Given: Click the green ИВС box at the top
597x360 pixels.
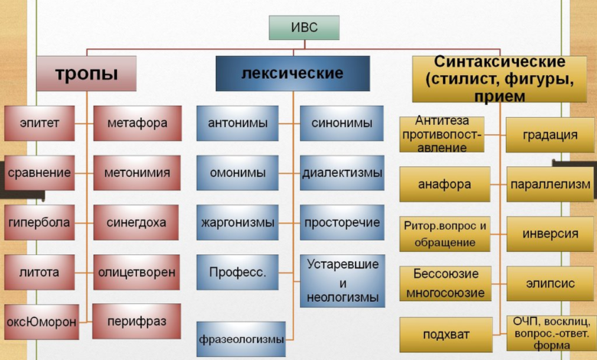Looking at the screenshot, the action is (x=304, y=28).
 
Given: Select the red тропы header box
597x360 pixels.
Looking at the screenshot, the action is (x=86, y=74).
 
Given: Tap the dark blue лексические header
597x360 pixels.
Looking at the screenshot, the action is (x=293, y=74).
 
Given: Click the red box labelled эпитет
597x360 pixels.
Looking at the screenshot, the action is (x=40, y=123).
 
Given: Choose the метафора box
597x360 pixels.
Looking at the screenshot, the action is (x=138, y=123).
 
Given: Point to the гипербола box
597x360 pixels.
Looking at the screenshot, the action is (x=40, y=222).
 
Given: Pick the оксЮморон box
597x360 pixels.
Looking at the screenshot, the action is (x=41, y=322).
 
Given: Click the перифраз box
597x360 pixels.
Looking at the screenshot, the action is (x=137, y=322).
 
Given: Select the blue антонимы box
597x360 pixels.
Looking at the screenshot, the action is (x=237, y=123).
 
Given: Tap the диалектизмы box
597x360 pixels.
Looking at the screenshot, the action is (x=342, y=173).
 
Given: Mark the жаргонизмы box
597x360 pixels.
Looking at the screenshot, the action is (x=237, y=222).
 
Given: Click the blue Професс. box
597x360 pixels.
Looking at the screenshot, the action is (x=237, y=273).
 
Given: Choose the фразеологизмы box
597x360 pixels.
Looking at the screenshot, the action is (x=241, y=339).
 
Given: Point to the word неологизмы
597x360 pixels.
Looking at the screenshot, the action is (x=343, y=297).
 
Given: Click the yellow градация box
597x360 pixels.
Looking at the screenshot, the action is (x=550, y=135).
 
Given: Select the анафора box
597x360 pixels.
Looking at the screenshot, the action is (x=445, y=185).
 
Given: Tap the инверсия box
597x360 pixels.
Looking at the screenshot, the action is (x=550, y=234).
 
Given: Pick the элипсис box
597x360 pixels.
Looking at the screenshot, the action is (x=550, y=283).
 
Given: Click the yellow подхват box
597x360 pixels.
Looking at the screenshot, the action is (x=446, y=335).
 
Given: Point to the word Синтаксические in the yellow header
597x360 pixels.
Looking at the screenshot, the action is (x=500, y=62).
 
